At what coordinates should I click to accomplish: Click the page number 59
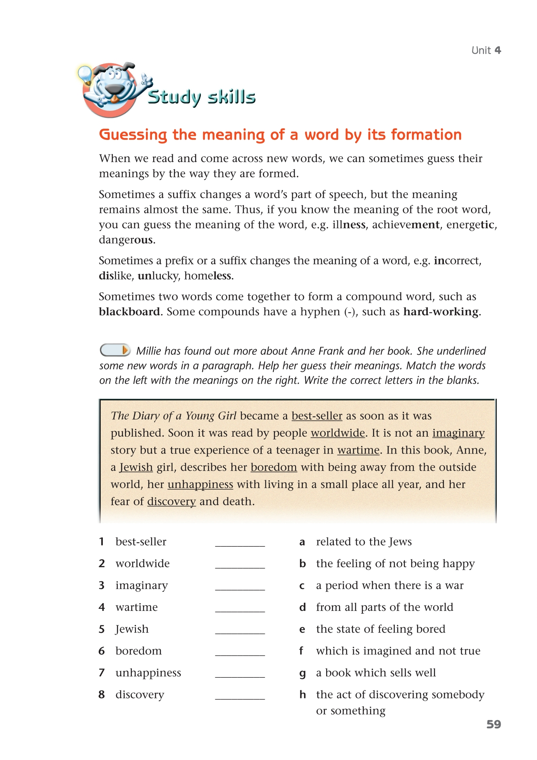(x=493, y=724)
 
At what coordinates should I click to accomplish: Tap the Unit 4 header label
(x=486, y=50)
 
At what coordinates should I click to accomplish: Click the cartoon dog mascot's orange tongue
(x=115, y=98)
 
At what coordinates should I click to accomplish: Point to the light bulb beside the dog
(x=85, y=74)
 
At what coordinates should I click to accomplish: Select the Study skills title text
(x=202, y=97)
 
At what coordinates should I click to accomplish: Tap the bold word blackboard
(x=129, y=312)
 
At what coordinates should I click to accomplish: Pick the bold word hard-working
(x=441, y=312)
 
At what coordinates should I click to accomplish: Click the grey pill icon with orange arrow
(x=115, y=350)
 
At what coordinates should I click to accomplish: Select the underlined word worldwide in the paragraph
(x=338, y=433)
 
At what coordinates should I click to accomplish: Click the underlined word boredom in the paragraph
(x=274, y=467)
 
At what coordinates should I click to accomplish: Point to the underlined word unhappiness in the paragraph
(x=200, y=484)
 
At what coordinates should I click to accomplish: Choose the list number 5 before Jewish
(x=102, y=629)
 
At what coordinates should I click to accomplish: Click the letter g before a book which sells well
(x=302, y=673)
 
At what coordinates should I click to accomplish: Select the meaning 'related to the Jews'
(x=364, y=542)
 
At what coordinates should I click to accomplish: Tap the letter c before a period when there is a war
(x=302, y=586)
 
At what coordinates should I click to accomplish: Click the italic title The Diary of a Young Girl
(x=173, y=416)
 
